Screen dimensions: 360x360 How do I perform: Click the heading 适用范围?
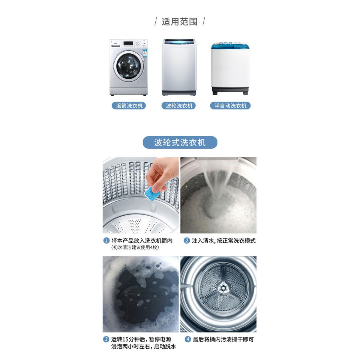[x=180, y=22]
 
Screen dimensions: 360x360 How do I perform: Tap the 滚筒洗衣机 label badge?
[x=129, y=106]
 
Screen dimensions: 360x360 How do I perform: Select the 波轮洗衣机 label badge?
[x=179, y=106]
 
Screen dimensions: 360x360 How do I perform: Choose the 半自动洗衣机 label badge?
[x=230, y=106]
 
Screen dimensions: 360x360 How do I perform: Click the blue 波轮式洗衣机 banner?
[x=180, y=142]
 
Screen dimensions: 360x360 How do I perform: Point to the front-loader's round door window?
[x=128, y=66]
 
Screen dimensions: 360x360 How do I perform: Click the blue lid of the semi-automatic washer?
[x=230, y=46]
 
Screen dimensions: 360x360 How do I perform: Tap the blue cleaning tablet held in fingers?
[x=151, y=193]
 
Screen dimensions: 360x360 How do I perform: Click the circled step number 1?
[x=106, y=241]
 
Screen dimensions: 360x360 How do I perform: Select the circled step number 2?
[x=187, y=241]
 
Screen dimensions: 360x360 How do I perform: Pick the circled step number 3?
[x=106, y=339]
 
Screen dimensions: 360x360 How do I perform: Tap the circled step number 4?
[x=187, y=339]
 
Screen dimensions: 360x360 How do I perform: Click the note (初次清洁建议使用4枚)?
[x=135, y=247]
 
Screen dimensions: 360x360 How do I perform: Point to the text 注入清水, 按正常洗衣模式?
[x=223, y=241]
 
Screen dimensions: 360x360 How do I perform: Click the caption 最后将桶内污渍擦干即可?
[x=223, y=339]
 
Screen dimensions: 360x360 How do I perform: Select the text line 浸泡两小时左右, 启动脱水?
[x=144, y=346]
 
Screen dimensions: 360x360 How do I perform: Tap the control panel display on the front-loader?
[x=128, y=43]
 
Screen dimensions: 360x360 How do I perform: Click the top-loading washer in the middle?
[x=179, y=67]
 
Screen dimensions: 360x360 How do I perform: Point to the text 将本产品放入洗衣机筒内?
[x=142, y=241]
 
